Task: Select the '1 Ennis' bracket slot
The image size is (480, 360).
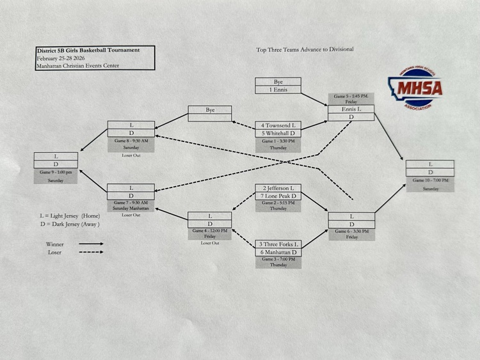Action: click(x=278, y=90)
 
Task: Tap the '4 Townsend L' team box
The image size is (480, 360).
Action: click(x=278, y=125)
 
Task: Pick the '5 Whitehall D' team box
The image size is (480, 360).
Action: click(x=278, y=133)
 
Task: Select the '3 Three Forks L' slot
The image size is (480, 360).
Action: click(x=278, y=244)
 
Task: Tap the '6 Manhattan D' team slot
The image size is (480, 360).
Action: click(x=278, y=252)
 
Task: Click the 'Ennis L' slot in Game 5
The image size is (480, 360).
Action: click(x=351, y=109)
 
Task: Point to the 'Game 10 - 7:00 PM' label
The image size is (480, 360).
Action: click(x=430, y=181)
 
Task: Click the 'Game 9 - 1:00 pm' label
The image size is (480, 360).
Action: click(x=56, y=173)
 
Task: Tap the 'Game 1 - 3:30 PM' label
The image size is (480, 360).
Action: click(x=278, y=141)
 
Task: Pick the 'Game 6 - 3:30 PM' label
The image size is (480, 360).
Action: click(x=351, y=231)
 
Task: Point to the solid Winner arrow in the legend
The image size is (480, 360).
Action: click(x=89, y=244)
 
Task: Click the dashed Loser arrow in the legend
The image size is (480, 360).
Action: click(x=89, y=252)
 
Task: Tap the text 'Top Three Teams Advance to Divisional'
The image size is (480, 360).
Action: click(x=305, y=49)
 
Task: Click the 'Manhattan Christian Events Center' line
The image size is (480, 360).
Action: click(x=77, y=66)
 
